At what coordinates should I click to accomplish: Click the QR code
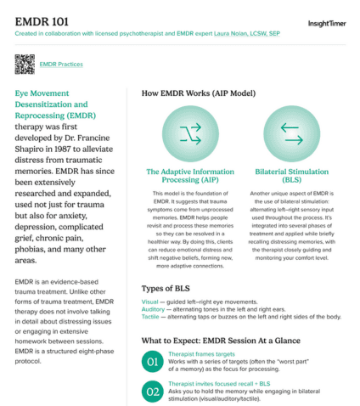pyautogui.click(x=25, y=64)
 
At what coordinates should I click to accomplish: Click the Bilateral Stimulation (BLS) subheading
pyautogui.click(x=291, y=176)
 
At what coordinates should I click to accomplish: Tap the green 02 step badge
pyautogui.click(x=153, y=393)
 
